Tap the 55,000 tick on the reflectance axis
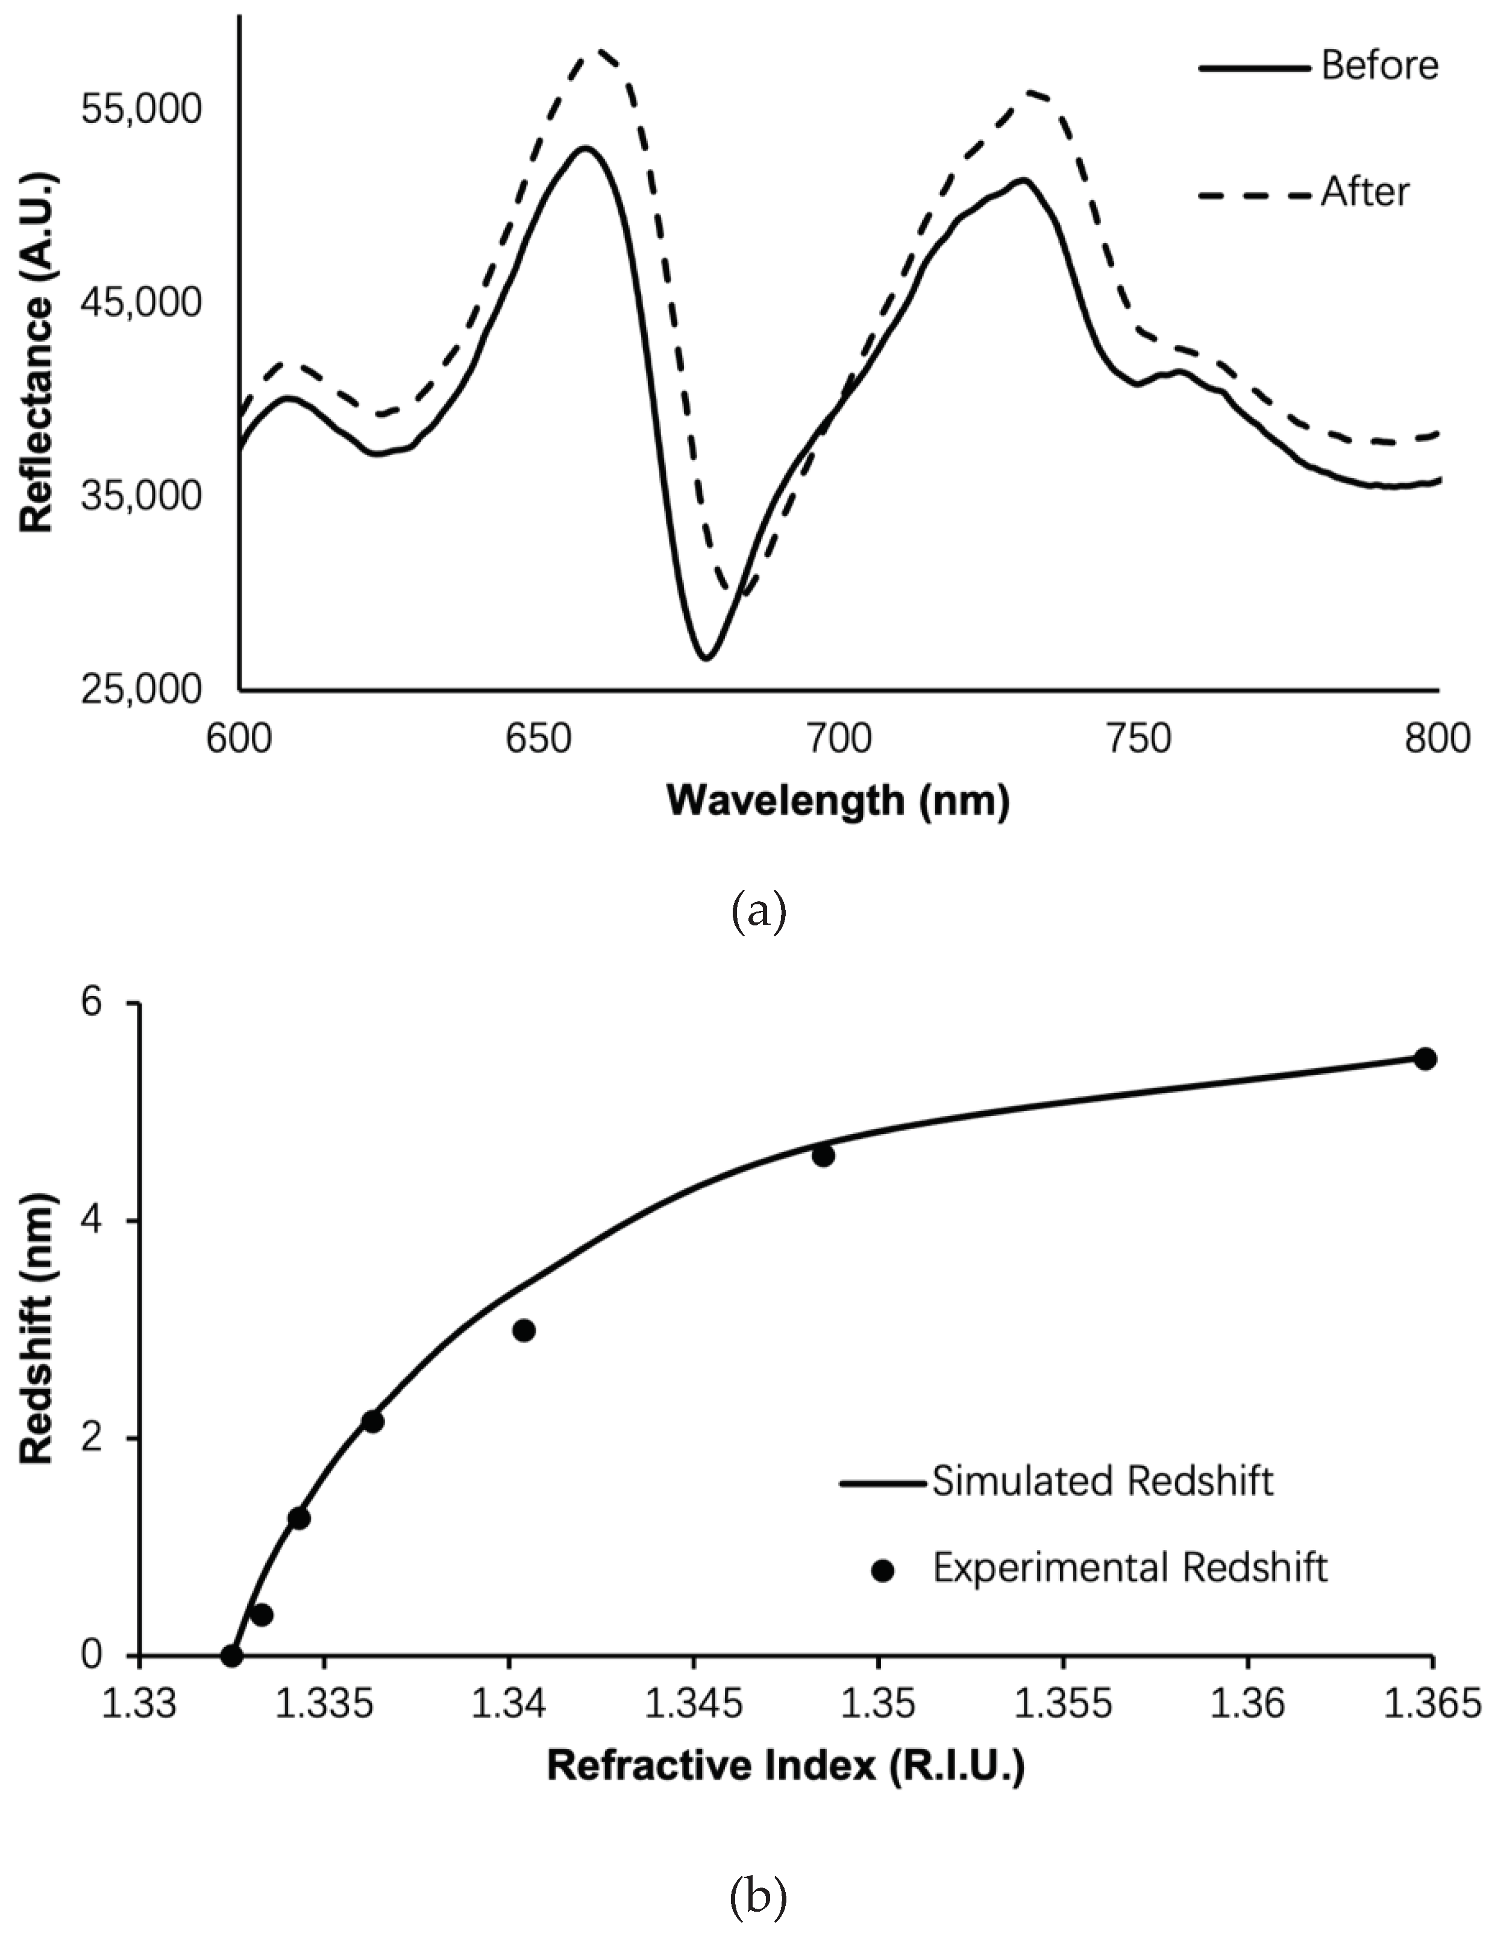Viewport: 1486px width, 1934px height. (142, 110)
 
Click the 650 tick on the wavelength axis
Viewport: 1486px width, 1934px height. (539, 738)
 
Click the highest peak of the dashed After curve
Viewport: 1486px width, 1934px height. (601, 51)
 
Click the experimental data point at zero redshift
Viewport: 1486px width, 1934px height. (232, 1655)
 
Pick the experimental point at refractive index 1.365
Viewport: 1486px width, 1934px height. (1424, 1059)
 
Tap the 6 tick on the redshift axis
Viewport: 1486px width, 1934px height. (93, 1003)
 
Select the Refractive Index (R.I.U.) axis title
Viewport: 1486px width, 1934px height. (785, 1766)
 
